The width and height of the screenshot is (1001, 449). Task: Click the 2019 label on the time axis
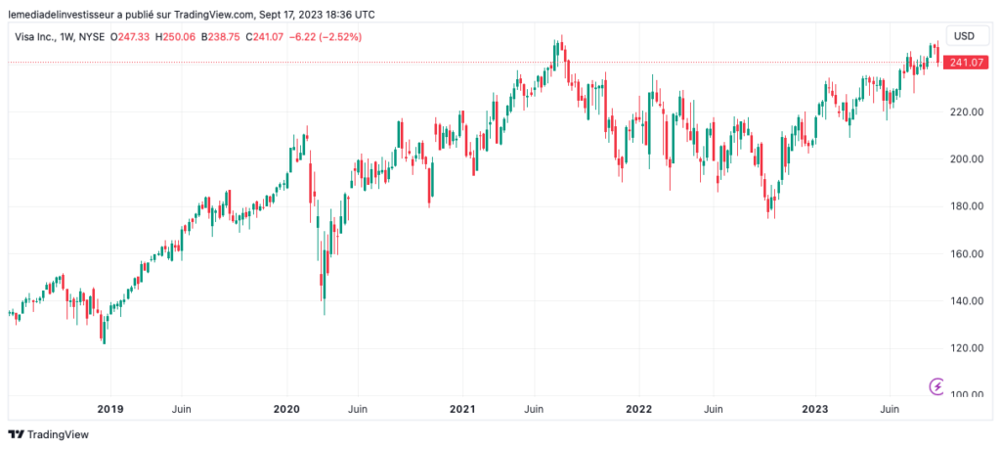tap(109, 408)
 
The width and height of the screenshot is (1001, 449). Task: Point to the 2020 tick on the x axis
tap(285, 408)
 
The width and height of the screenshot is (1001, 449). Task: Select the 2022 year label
tap(639, 408)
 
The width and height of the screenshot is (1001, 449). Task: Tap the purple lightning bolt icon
tap(937, 385)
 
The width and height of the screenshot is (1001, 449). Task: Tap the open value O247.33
tap(134, 36)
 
